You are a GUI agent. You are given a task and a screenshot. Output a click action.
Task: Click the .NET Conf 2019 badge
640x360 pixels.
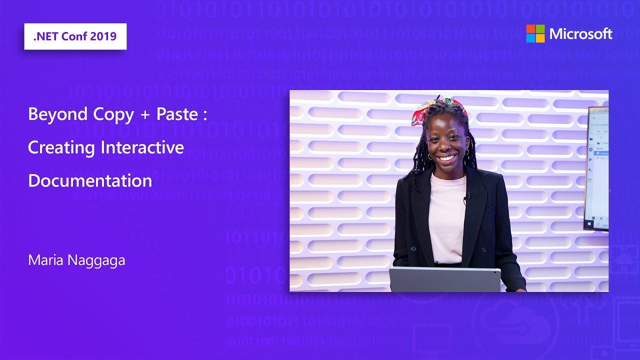(75, 36)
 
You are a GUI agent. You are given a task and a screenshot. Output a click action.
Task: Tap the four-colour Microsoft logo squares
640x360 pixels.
(535, 33)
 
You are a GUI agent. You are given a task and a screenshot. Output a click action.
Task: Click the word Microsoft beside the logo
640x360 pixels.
(580, 34)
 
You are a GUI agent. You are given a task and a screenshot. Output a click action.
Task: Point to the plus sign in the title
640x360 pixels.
(145, 115)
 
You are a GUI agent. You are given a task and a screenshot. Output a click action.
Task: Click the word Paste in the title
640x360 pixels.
(177, 114)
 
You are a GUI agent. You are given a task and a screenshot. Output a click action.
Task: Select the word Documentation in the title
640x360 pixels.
(90, 180)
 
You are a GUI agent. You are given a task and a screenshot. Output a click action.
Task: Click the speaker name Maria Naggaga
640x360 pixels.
(76, 260)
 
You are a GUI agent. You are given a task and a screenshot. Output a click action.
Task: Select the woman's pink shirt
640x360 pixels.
(447, 215)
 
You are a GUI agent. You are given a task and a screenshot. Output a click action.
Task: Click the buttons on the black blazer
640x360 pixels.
(411, 248)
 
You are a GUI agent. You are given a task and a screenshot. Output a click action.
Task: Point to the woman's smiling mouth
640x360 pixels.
(446, 158)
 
